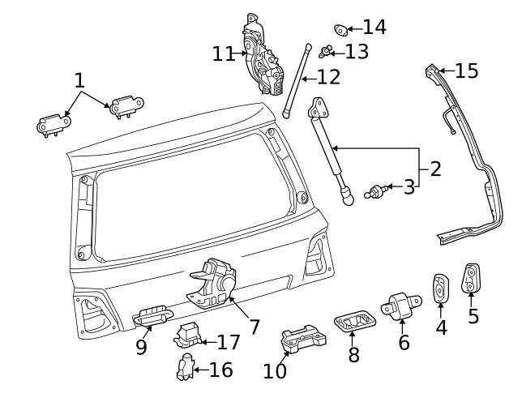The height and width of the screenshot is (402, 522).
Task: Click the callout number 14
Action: (374, 28)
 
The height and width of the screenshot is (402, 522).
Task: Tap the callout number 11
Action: (224, 54)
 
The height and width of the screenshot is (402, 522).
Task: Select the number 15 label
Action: (466, 71)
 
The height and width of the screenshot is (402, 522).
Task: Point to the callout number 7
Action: (254, 327)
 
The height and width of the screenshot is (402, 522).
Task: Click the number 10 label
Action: (275, 371)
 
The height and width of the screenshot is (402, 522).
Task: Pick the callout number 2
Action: (435, 169)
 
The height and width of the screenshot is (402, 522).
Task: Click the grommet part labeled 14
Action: (341, 31)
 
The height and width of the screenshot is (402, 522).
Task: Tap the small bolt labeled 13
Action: (327, 53)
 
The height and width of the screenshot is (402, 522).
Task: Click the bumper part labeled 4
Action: (441, 290)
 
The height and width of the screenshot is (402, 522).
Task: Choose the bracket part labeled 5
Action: (472, 278)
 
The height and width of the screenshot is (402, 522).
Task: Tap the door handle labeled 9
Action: (152, 316)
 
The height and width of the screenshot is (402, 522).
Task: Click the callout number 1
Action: (79, 80)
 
